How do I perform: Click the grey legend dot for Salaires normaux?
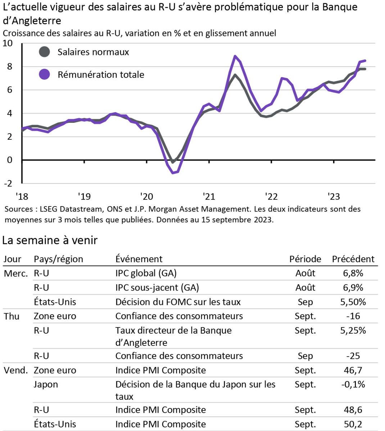click(x=44, y=52)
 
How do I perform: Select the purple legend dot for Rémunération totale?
click(x=44, y=74)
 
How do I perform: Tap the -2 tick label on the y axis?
click(x=8, y=183)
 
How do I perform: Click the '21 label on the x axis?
click(x=209, y=196)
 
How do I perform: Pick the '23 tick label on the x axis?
click(x=334, y=196)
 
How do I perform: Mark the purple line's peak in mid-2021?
click(x=235, y=56)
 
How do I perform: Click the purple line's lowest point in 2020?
click(x=173, y=173)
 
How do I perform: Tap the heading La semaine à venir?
click(x=50, y=240)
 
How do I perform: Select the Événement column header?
click(x=139, y=259)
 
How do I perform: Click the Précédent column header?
click(x=353, y=259)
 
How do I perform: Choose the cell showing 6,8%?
click(x=353, y=273)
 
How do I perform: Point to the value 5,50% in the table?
click(x=353, y=302)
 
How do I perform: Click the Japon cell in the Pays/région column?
click(x=46, y=385)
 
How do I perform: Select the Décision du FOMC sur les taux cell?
click(x=178, y=302)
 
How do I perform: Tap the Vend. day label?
click(x=15, y=370)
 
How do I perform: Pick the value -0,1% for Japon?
click(x=353, y=385)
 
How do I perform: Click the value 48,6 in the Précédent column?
click(x=353, y=410)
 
